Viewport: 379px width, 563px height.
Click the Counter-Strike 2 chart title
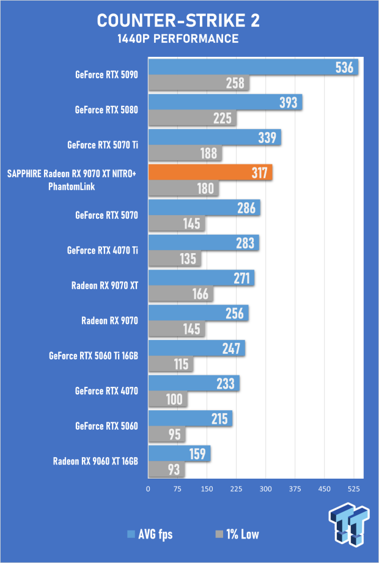[178, 21]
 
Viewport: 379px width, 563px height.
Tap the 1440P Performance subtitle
[178, 39]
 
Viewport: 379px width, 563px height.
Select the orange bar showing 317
[210, 173]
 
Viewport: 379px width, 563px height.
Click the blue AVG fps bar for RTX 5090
[253, 67]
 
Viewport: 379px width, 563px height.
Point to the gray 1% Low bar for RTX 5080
[192, 118]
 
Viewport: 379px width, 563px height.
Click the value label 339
[267, 138]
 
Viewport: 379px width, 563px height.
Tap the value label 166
[201, 294]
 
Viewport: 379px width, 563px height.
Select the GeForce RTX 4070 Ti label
[103, 250]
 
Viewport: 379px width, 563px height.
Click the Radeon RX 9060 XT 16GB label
[95, 461]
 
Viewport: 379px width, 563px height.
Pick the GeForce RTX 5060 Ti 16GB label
[94, 355]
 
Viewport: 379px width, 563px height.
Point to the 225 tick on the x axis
[236, 488]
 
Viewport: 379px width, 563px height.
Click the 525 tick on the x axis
[353, 488]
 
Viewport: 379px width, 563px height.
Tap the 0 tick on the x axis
[148, 488]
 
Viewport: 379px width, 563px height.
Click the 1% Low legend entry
[237, 534]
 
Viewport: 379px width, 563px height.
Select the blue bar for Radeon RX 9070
[198, 314]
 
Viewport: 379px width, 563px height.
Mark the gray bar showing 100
[167, 400]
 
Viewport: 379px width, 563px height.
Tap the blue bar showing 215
[190, 419]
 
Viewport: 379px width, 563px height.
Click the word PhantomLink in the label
[72, 186]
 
